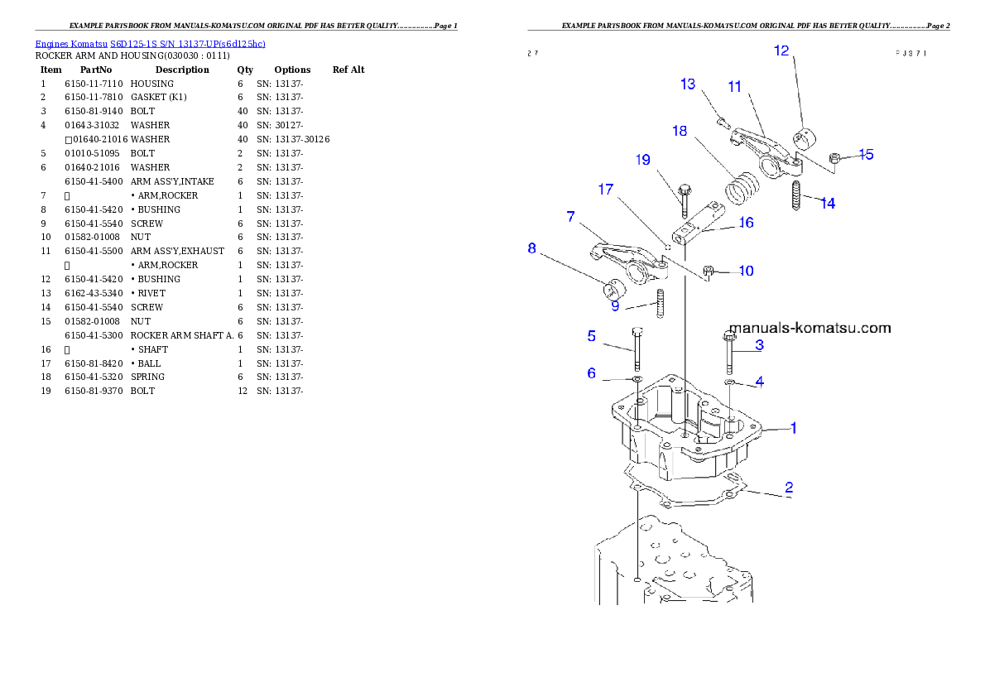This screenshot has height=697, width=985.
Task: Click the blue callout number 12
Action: tap(781, 51)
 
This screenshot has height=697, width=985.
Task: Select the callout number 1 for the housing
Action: tap(793, 429)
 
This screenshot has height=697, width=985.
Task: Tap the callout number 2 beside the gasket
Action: tap(789, 487)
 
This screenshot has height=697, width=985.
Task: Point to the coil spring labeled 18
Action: tap(742, 186)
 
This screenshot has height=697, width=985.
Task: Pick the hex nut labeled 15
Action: tap(836, 157)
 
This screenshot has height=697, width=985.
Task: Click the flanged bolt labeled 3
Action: tap(730, 351)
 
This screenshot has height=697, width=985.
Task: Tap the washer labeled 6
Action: tap(636, 380)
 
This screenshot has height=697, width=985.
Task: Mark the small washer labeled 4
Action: tap(730, 382)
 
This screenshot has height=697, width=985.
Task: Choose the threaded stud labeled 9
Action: tap(661, 303)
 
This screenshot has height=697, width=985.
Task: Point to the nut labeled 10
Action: tap(709, 270)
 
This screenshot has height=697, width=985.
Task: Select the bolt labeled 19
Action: tap(684, 199)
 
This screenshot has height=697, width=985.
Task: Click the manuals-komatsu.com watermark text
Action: tap(810, 328)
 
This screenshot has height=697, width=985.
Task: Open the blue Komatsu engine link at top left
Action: tap(150, 44)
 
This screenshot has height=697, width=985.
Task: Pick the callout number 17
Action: tap(606, 190)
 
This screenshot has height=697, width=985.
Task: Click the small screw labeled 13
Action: tap(721, 123)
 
